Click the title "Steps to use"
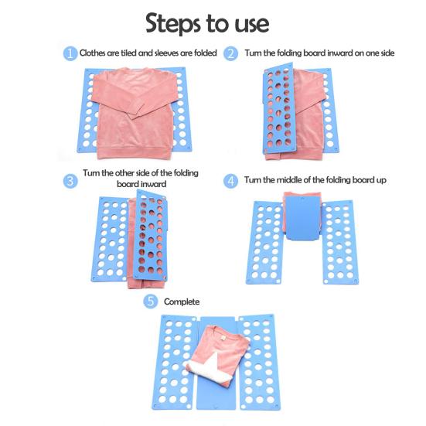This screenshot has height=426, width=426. coord(207,23)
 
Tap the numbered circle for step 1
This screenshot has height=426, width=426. coord(70,53)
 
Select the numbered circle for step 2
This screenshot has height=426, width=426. coord(230,53)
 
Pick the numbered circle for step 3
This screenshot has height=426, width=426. coord(70,181)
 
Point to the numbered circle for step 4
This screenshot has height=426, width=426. coord(230,181)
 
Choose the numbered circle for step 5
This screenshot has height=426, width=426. coord(151,302)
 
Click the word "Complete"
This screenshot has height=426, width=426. coord(182,302)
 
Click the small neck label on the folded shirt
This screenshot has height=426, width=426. coord(223,338)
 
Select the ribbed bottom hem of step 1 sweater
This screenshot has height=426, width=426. coord(135,152)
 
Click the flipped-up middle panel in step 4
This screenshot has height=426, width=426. coord(303,218)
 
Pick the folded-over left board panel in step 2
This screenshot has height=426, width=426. coord(278,109)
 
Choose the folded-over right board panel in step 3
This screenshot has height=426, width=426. coord(151,236)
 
